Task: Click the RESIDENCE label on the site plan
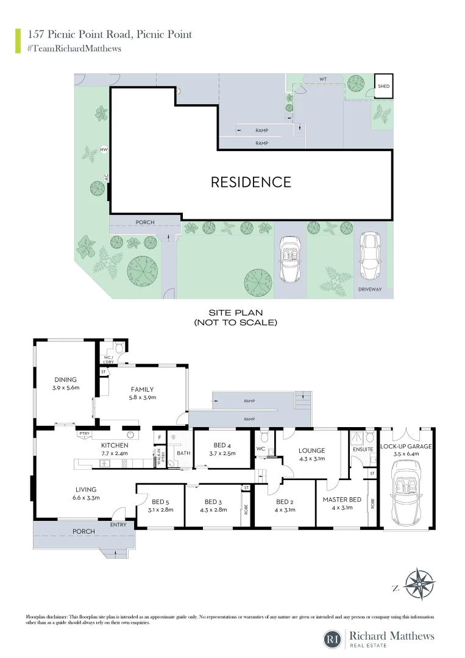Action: pyautogui.click(x=250, y=182)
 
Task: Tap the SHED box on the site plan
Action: pyautogui.click(x=383, y=85)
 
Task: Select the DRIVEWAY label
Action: pyautogui.click(x=369, y=289)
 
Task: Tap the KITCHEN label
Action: pyautogui.click(x=114, y=445)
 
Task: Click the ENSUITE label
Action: pyautogui.click(x=363, y=450)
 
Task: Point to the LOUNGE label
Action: pyautogui.click(x=311, y=451)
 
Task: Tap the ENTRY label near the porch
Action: pyautogui.click(x=118, y=524)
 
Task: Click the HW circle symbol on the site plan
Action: pyautogui.click(x=104, y=149)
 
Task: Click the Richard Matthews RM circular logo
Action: pyautogui.click(x=333, y=639)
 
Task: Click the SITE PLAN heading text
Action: pyautogui.click(x=235, y=313)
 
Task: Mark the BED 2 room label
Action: pyautogui.click(x=285, y=502)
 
